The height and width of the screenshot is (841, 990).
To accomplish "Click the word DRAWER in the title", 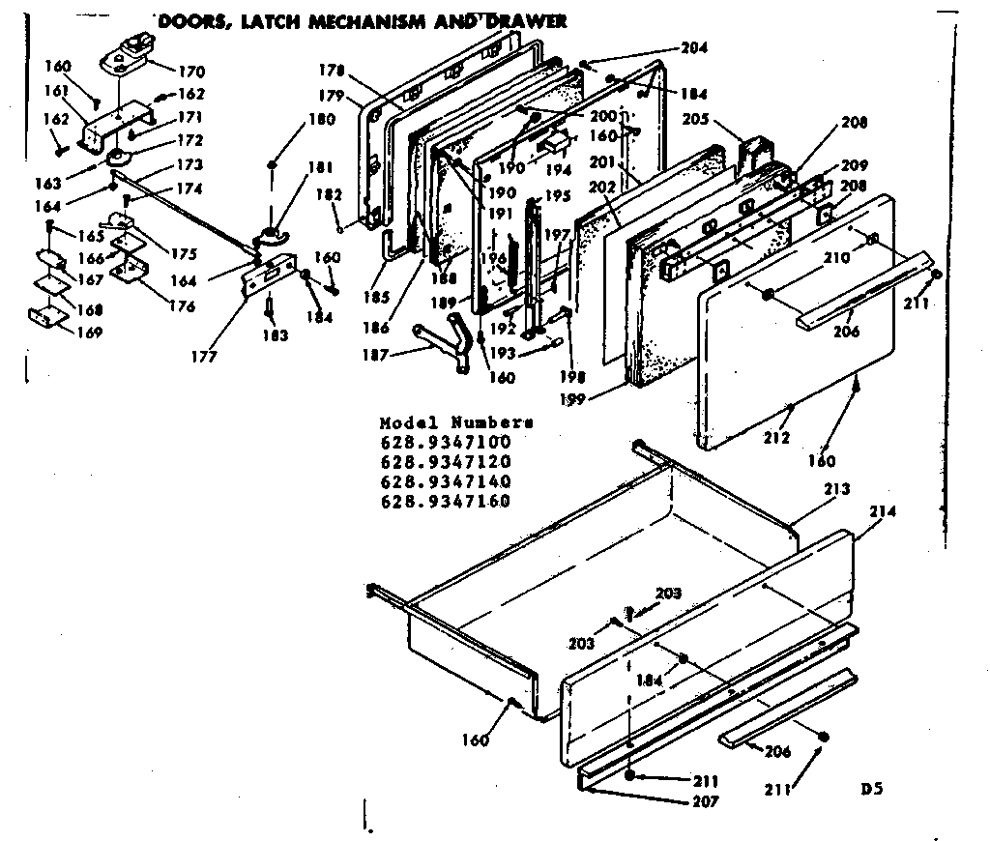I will (526, 20).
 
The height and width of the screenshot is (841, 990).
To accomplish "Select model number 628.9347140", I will (445, 481).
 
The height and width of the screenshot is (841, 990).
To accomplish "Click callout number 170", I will (191, 71).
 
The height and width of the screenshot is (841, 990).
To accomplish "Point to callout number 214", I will (883, 511).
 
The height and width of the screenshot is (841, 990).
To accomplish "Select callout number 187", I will (376, 356).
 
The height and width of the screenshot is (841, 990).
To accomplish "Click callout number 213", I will (837, 489).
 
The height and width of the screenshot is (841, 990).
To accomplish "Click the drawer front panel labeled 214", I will (706, 638).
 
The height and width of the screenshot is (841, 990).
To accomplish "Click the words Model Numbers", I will (455, 423).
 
